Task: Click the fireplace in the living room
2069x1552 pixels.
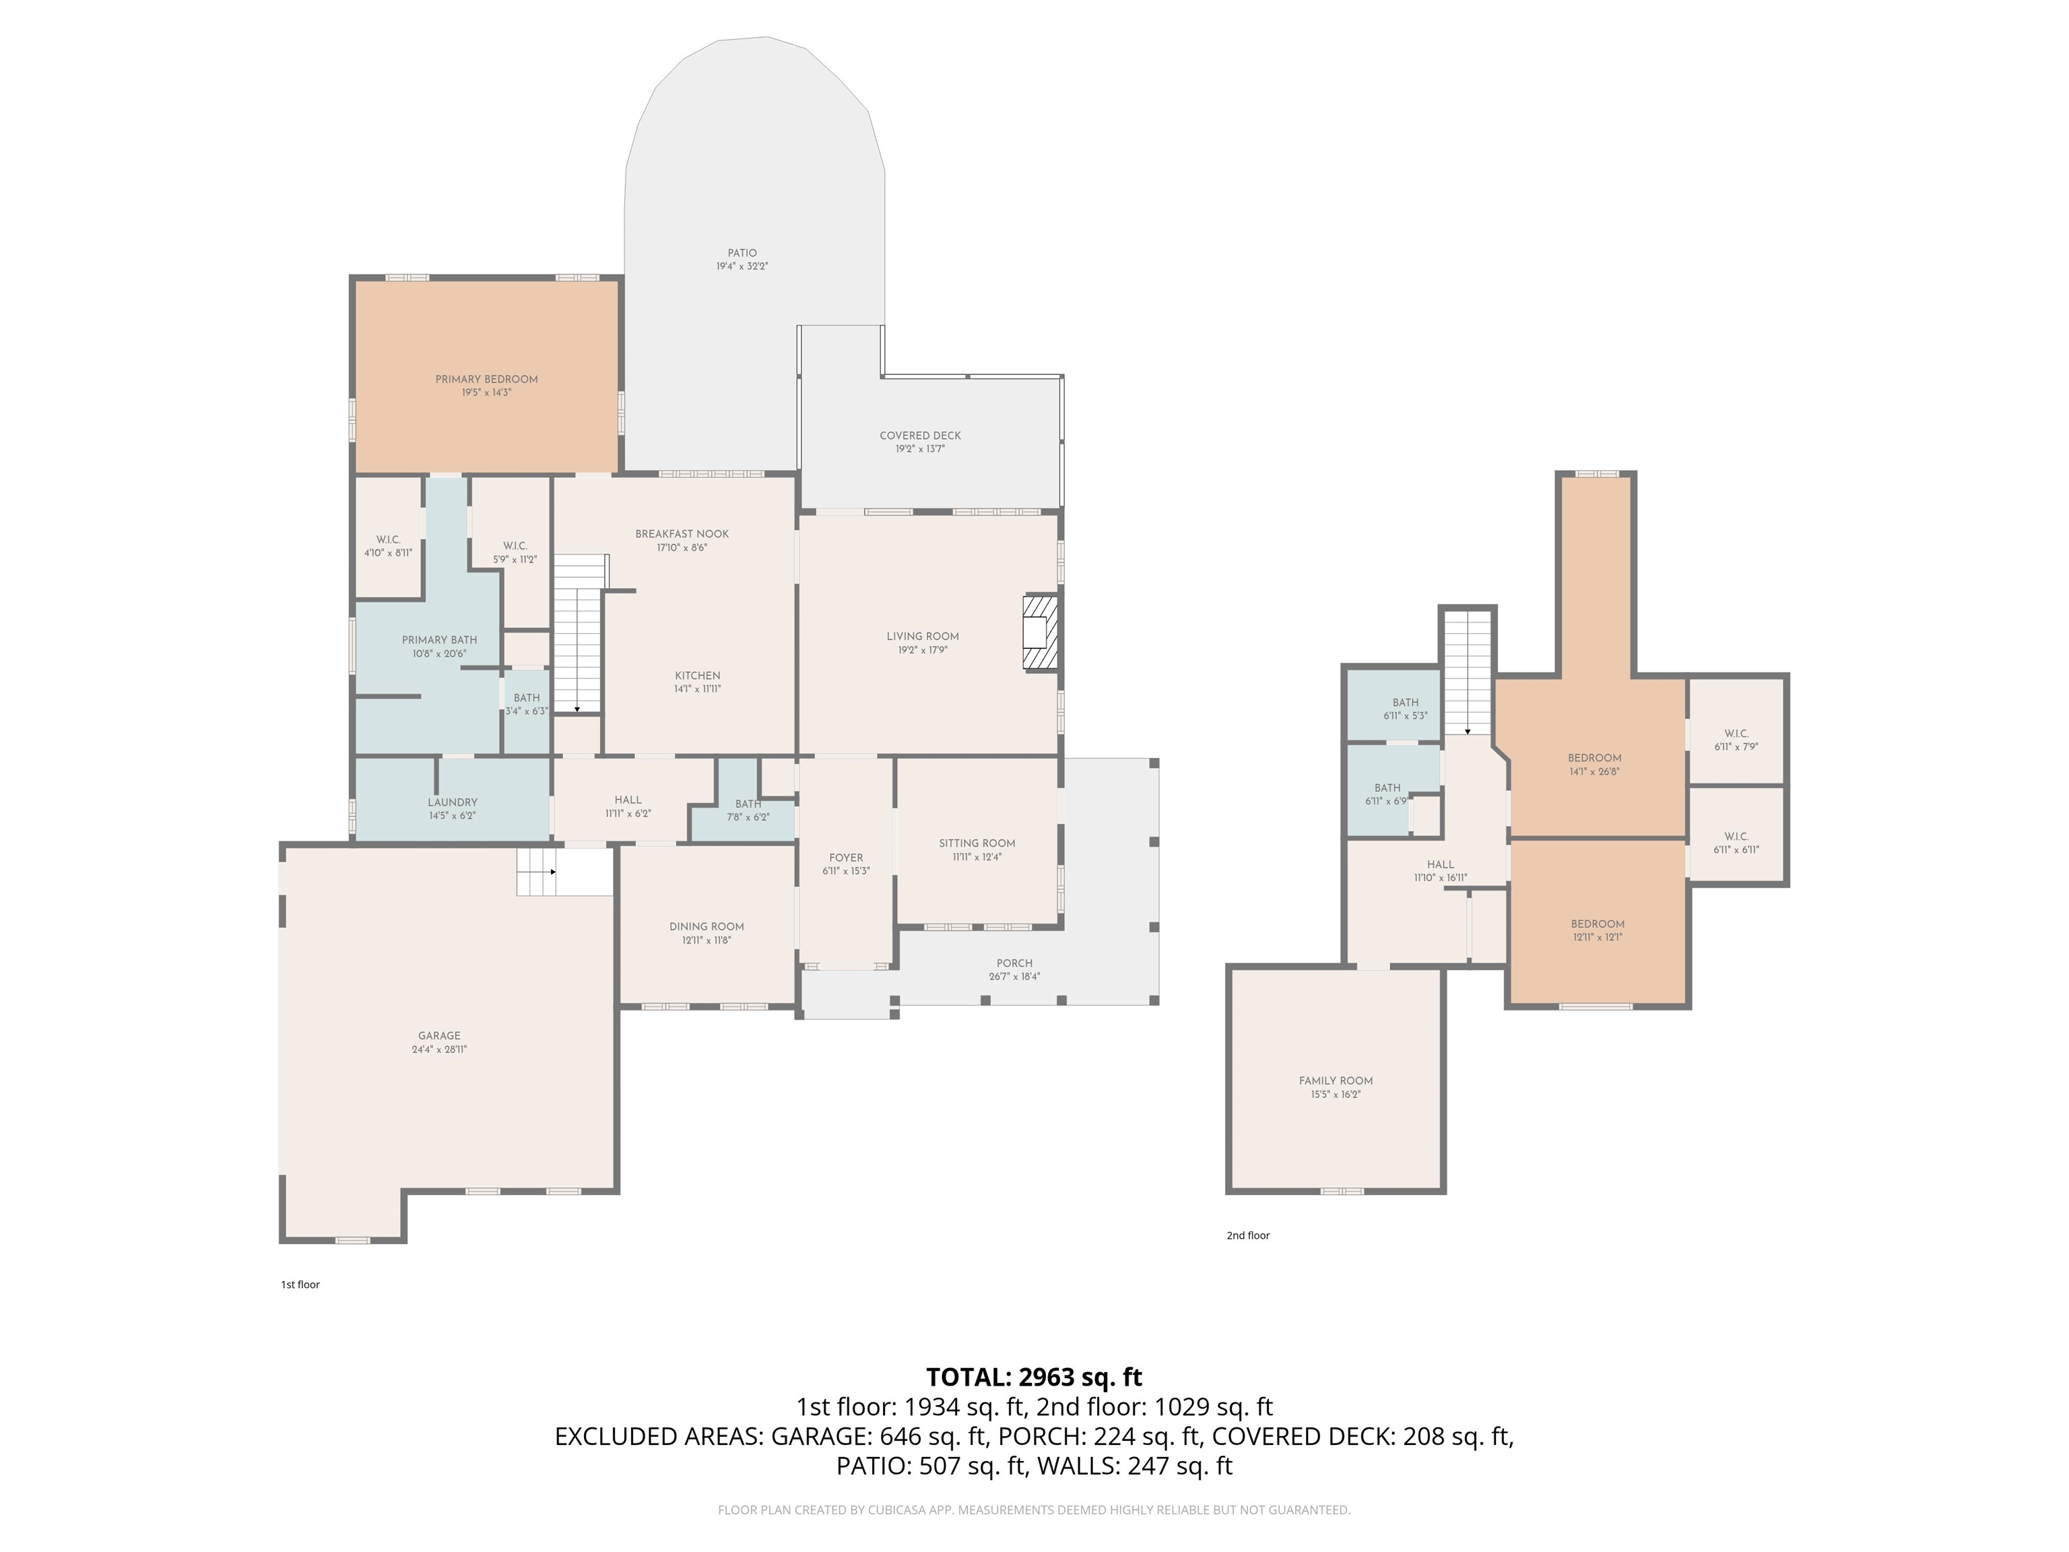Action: click(x=1040, y=633)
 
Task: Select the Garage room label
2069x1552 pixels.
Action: click(x=440, y=1035)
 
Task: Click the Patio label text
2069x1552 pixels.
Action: click(x=743, y=253)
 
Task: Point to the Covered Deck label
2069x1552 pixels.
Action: click(x=921, y=436)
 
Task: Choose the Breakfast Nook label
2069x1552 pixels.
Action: click(x=682, y=534)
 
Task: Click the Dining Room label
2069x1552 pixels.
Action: click(x=707, y=927)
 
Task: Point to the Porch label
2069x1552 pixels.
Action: click(x=1015, y=963)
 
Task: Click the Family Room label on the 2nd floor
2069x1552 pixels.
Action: click(x=1336, y=1081)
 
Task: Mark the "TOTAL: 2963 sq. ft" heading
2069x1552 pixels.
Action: click(x=1034, y=1377)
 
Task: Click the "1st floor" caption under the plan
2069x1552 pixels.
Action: click(x=300, y=1285)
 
